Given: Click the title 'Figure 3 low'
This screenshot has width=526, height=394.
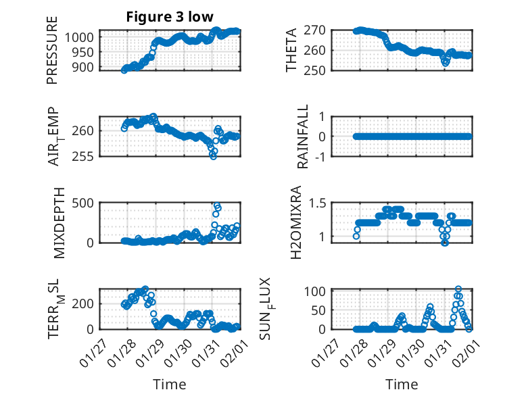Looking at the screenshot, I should pyautogui.click(x=170, y=17).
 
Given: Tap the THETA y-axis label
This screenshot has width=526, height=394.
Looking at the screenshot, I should pyautogui.click(x=291, y=50).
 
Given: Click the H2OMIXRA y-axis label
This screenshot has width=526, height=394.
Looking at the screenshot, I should pyautogui.click(x=296, y=222).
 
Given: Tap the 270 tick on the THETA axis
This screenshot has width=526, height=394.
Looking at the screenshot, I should pyautogui.click(x=318, y=30).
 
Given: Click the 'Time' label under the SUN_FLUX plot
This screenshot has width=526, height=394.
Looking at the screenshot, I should pyautogui.click(x=402, y=384).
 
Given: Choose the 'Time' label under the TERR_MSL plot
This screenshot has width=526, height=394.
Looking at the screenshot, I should pyautogui.click(x=170, y=384).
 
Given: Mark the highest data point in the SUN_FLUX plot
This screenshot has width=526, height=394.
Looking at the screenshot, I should pyautogui.click(x=458, y=289).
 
